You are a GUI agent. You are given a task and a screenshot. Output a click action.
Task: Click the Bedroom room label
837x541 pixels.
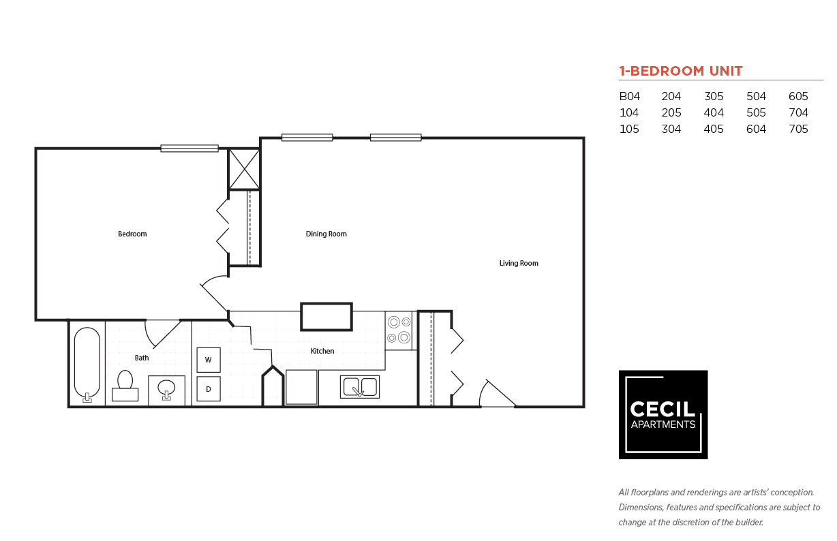[132, 234]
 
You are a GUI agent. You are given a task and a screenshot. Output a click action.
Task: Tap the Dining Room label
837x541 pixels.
[326, 234]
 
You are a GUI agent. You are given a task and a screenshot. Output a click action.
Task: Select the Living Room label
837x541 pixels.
[519, 263]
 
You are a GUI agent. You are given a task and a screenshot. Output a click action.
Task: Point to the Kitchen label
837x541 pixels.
[322, 351]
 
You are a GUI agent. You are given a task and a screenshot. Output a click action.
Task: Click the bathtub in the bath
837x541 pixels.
[87, 364]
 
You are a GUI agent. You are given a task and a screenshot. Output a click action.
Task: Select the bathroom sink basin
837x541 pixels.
[166, 389]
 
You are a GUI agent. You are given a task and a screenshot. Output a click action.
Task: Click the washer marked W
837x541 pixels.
[209, 359]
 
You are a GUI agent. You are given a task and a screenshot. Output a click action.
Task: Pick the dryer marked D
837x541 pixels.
[209, 389]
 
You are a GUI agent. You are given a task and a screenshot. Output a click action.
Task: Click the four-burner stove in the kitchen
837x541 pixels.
[399, 330]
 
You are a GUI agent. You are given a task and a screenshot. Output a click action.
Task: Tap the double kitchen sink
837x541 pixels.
[360, 387]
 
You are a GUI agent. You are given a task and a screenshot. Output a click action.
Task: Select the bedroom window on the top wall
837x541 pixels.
[189, 148]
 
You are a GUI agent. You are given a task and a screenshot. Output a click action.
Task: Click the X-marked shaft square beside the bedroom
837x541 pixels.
[244, 168]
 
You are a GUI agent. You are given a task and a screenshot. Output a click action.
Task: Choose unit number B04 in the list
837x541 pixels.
[629, 97]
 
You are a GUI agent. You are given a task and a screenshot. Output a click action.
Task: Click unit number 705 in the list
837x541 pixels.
[798, 129]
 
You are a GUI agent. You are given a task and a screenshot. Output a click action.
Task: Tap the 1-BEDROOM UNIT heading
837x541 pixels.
[680, 71]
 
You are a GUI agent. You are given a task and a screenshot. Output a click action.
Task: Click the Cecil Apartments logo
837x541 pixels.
[663, 414]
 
